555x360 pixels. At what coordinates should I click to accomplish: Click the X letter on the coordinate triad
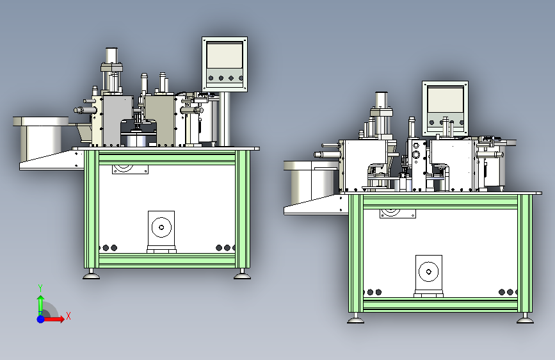68,316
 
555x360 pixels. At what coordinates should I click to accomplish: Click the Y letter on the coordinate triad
40,288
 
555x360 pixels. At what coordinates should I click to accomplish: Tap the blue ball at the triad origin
41,319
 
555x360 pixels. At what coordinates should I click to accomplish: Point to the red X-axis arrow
53,319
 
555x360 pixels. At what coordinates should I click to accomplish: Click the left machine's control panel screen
225,55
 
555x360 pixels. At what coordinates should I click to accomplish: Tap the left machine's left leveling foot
92,275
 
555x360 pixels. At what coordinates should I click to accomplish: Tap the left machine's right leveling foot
243,275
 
